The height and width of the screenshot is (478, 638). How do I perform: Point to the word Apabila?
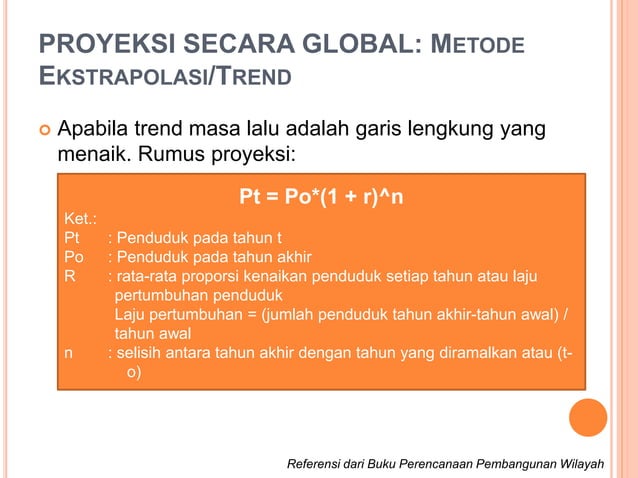[95, 131]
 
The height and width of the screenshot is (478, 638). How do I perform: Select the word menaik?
[92, 156]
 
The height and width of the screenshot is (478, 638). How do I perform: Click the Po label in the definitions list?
[74, 258]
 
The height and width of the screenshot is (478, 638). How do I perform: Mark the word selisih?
[144, 353]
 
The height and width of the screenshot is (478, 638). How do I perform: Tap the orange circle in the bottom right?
[588, 418]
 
